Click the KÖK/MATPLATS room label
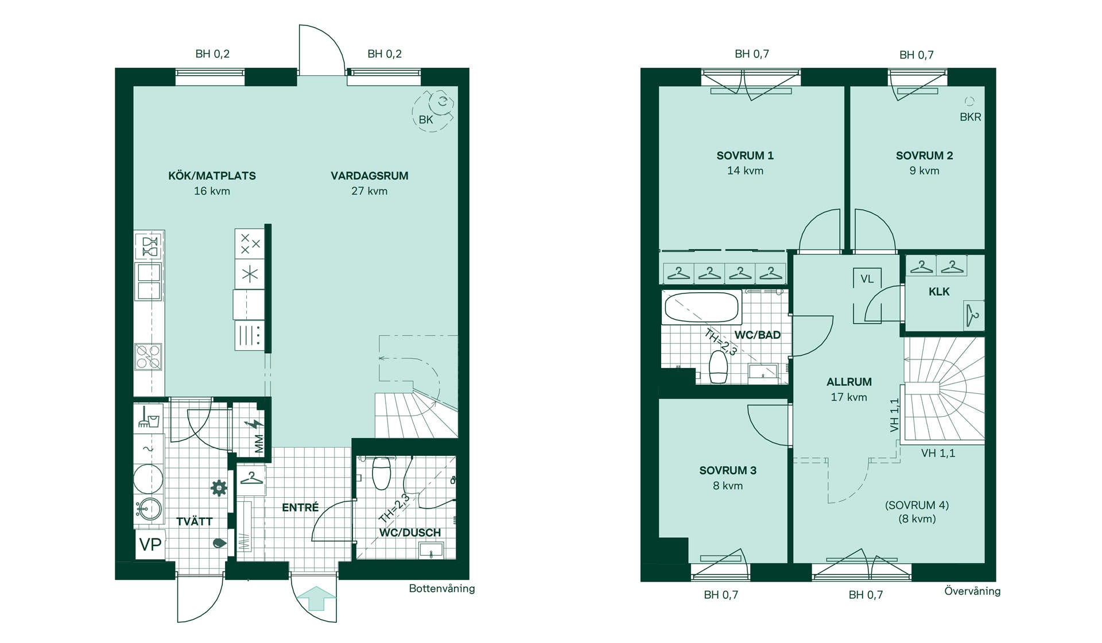pos(212,176)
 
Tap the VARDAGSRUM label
pos(370,176)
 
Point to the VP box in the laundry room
pos(150,544)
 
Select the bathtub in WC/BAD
pos(701,307)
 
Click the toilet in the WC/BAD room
pos(719,367)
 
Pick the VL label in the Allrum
pos(867,279)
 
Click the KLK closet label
pos(939,292)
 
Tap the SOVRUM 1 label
pos(745,156)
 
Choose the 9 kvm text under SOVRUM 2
pos(924,171)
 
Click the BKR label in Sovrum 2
pos(971,117)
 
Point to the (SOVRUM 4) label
pos(917,505)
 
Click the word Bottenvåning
pos(442,588)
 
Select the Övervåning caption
pos(972,591)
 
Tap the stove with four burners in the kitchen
pos(148,357)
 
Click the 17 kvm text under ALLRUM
pos(849,397)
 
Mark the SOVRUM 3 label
pos(728,471)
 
